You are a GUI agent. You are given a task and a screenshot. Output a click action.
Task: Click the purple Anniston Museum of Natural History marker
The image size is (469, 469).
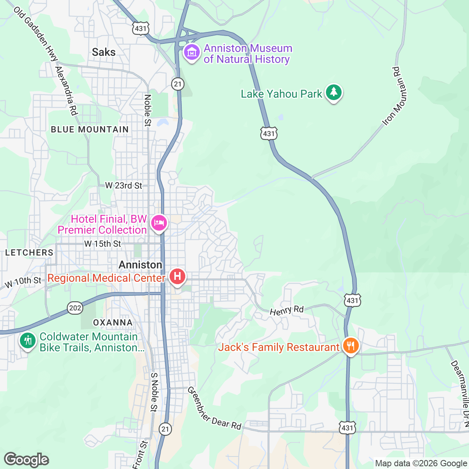[x=192, y=52]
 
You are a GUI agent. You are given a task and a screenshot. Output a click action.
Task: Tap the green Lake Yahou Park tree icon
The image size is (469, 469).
[x=333, y=93]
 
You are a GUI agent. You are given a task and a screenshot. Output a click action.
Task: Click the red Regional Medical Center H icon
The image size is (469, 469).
[x=177, y=277]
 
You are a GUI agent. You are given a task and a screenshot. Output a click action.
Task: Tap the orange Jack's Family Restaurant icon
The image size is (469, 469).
[x=351, y=346]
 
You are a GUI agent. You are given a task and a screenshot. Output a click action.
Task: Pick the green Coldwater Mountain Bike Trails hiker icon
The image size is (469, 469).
[x=28, y=341]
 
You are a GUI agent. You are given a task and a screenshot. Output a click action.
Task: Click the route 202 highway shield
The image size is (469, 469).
[x=75, y=308]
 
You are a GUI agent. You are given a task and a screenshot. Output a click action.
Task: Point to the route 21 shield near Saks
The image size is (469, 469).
[x=178, y=84]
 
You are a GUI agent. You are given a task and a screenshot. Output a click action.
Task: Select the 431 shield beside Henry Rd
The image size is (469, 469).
[x=352, y=300]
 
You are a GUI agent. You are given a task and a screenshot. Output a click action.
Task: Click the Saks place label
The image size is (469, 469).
[x=104, y=52]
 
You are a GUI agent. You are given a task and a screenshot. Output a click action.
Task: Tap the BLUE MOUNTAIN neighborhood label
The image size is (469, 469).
[x=90, y=129]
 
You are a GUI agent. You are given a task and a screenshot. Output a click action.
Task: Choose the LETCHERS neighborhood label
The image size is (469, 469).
[x=29, y=252]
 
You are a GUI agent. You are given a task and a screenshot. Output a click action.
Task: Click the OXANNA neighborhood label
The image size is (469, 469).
[x=113, y=322]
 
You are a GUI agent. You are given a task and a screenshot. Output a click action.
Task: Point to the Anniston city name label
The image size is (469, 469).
[x=140, y=265]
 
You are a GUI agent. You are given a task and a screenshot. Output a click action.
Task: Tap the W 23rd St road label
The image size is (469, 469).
[x=124, y=186]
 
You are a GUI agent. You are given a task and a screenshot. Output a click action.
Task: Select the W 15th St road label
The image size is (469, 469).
[x=102, y=244]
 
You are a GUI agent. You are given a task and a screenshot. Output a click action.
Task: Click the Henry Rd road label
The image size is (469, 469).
[x=286, y=310]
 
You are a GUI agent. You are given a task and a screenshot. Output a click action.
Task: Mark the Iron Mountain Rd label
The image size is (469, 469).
[x=396, y=96]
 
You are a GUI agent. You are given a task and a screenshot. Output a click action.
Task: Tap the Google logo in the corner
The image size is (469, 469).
[x=26, y=460]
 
